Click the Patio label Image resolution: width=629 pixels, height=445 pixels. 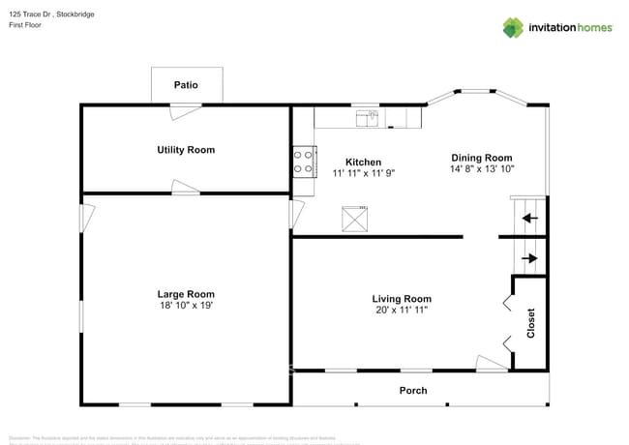[x=186, y=85]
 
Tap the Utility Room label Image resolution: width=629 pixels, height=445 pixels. [x=186, y=150]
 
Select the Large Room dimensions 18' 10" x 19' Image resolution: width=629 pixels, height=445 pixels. [x=186, y=306]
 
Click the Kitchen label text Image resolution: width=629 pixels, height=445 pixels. [x=363, y=162]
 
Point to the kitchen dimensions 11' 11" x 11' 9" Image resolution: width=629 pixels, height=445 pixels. [x=363, y=173]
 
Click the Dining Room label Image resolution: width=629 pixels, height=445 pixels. [x=481, y=158]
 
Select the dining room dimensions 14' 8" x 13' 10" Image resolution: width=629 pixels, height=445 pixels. [x=481, y=169]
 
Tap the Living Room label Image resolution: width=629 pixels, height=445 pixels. [x=402, y=299]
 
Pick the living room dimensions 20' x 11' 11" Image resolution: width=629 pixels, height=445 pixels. [x=402, y=311]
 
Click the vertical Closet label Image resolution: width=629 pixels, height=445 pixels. [x=530, y=323]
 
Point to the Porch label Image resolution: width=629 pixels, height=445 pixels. [x=413, y=391]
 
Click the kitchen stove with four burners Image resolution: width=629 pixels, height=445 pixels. [x=304, y=161]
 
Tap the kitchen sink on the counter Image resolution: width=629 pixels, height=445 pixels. [x=367, y=118]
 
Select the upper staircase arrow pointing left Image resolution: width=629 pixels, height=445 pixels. [x=528, y=218]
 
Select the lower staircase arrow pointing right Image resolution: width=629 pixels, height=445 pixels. [x=528, y=258]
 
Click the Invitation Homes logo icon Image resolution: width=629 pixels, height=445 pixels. [x=512, y=27]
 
